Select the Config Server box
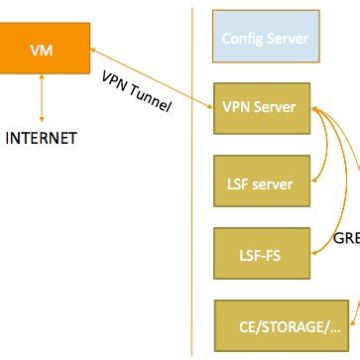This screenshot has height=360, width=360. point(264,40)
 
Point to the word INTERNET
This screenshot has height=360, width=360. point(41,138)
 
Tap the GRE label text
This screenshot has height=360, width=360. point(346,238)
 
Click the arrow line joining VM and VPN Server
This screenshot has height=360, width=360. point(149,75)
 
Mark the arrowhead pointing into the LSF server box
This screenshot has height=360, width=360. point(316,181)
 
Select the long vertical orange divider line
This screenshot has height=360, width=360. point(190,198)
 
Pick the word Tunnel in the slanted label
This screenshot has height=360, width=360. point(152,100)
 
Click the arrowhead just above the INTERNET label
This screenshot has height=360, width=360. point(41,119)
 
